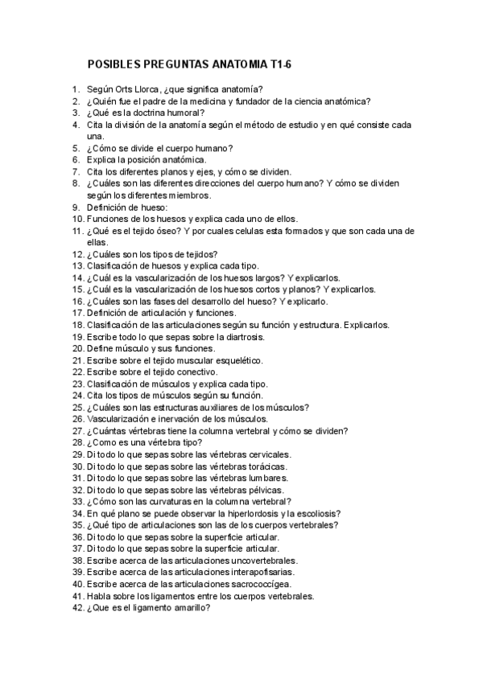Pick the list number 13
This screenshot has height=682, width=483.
coord(77,265)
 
